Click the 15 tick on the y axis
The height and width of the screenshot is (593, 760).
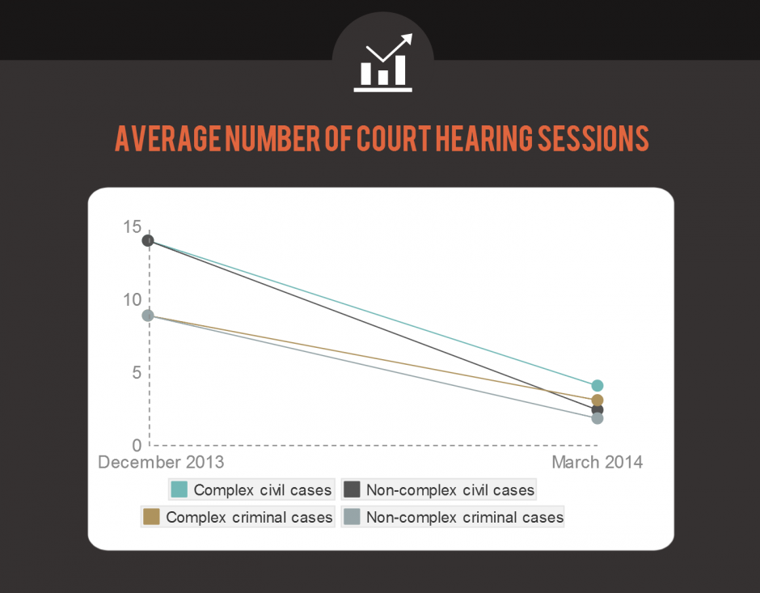pos(132,227)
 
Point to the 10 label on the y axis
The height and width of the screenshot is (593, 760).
pos(132,300)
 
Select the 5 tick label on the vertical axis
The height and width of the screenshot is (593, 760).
pos(137,373)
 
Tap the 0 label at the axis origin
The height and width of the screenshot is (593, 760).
pos(137,445)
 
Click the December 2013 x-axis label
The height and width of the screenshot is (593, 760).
pos(161,463)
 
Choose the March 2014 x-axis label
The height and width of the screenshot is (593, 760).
pos(597,463)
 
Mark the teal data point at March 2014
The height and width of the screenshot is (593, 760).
pos(597,386)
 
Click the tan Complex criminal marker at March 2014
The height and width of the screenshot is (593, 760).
pos(597,400)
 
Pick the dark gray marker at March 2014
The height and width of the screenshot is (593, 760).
pos(598,410)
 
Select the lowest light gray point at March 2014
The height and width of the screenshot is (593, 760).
pos(597,418)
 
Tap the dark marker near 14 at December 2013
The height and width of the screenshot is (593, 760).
pos(148,240)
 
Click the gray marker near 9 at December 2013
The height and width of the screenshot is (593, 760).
pos(148,316)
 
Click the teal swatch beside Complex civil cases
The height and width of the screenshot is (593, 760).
pos(179,489)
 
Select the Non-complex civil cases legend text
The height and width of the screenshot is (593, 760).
pos(450,490)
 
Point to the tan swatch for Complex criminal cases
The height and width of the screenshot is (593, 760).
pos(151,516)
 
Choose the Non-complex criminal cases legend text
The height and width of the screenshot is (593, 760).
pos(465,517)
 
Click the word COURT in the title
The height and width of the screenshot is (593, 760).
pos(391,139)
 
